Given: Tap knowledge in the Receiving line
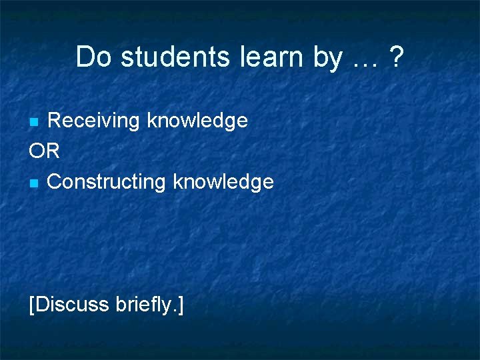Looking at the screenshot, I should [x=197, y=121].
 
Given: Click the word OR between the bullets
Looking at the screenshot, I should [x=45, y=151].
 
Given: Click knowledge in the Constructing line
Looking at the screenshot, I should [x=223, y=181].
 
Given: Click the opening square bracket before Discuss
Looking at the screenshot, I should [x=32, y=305].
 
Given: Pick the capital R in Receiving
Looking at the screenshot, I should [x=55, y=121].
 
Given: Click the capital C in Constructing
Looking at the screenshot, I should [x=55, y=181].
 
